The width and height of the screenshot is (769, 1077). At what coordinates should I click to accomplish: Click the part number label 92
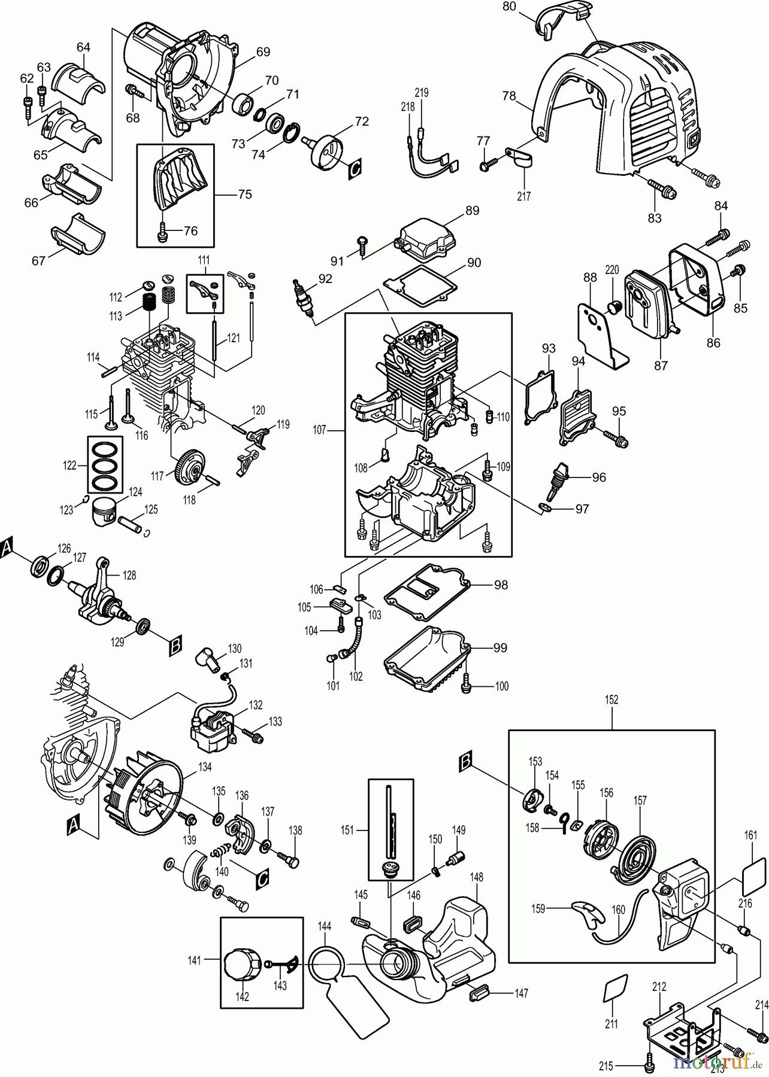pos(325,278)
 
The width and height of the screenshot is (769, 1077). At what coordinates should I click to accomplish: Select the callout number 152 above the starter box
pos(611,699)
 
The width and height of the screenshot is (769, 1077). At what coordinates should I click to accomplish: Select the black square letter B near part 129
pos(175,646)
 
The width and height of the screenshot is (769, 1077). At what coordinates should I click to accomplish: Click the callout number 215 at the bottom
pos(606,1065)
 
